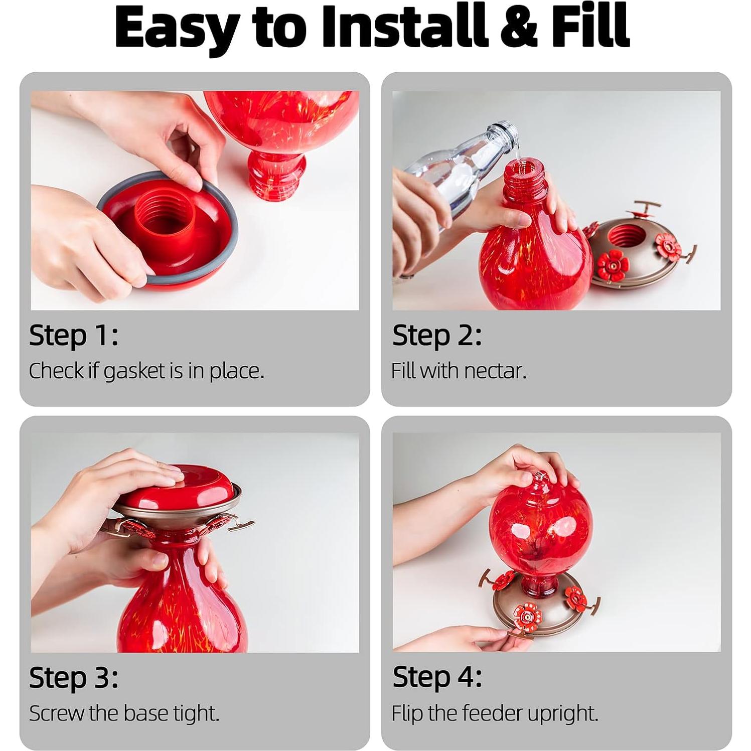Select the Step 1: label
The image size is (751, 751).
point(74,336)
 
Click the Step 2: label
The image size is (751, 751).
point(437,336)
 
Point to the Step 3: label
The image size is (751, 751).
point(74,678)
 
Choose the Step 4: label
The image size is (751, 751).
point(437,678)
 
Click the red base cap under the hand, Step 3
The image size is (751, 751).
point(179,485)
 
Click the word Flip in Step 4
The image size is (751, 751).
point(407,713)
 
